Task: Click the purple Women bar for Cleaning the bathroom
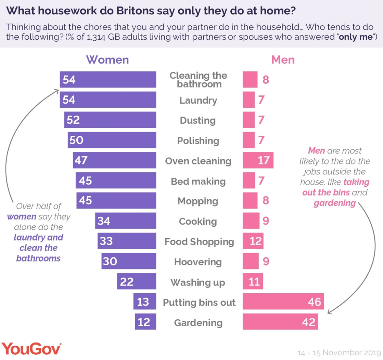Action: tap(108, 80)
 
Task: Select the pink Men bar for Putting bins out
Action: tap(283, 302)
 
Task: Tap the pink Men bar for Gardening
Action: tap(280, 322)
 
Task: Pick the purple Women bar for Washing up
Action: tap(137, 282)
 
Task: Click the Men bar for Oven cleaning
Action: tap(258, 161)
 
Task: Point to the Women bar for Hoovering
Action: tap(129, 262)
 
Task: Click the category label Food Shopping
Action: tap(199, 242)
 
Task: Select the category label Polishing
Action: tap(198, 141)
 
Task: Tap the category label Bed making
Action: tap(198, 181)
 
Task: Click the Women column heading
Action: tap(107, 60)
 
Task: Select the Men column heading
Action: tap(283, 60)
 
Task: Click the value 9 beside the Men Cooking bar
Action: tap(266, 222)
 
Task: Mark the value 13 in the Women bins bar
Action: tap(143, 302)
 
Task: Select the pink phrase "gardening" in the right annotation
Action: tap(334, 203)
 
